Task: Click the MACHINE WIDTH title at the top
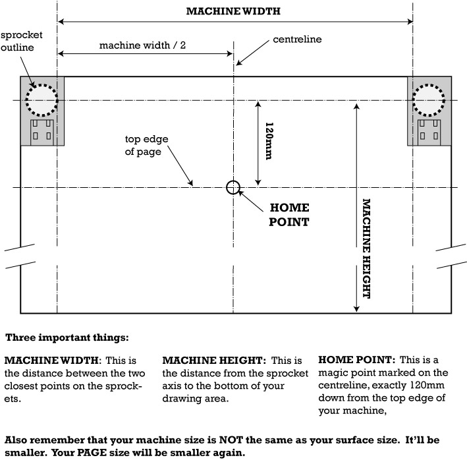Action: click(233, 11)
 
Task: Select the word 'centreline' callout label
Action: click(297, 40)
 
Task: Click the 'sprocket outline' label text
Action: click(17, 41)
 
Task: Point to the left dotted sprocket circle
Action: click(41, 100)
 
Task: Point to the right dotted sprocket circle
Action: click(429, 100)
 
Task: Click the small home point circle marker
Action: click(233, 187)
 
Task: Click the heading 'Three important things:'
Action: click(67, 337)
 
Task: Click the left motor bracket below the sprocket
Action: click(41, 131)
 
